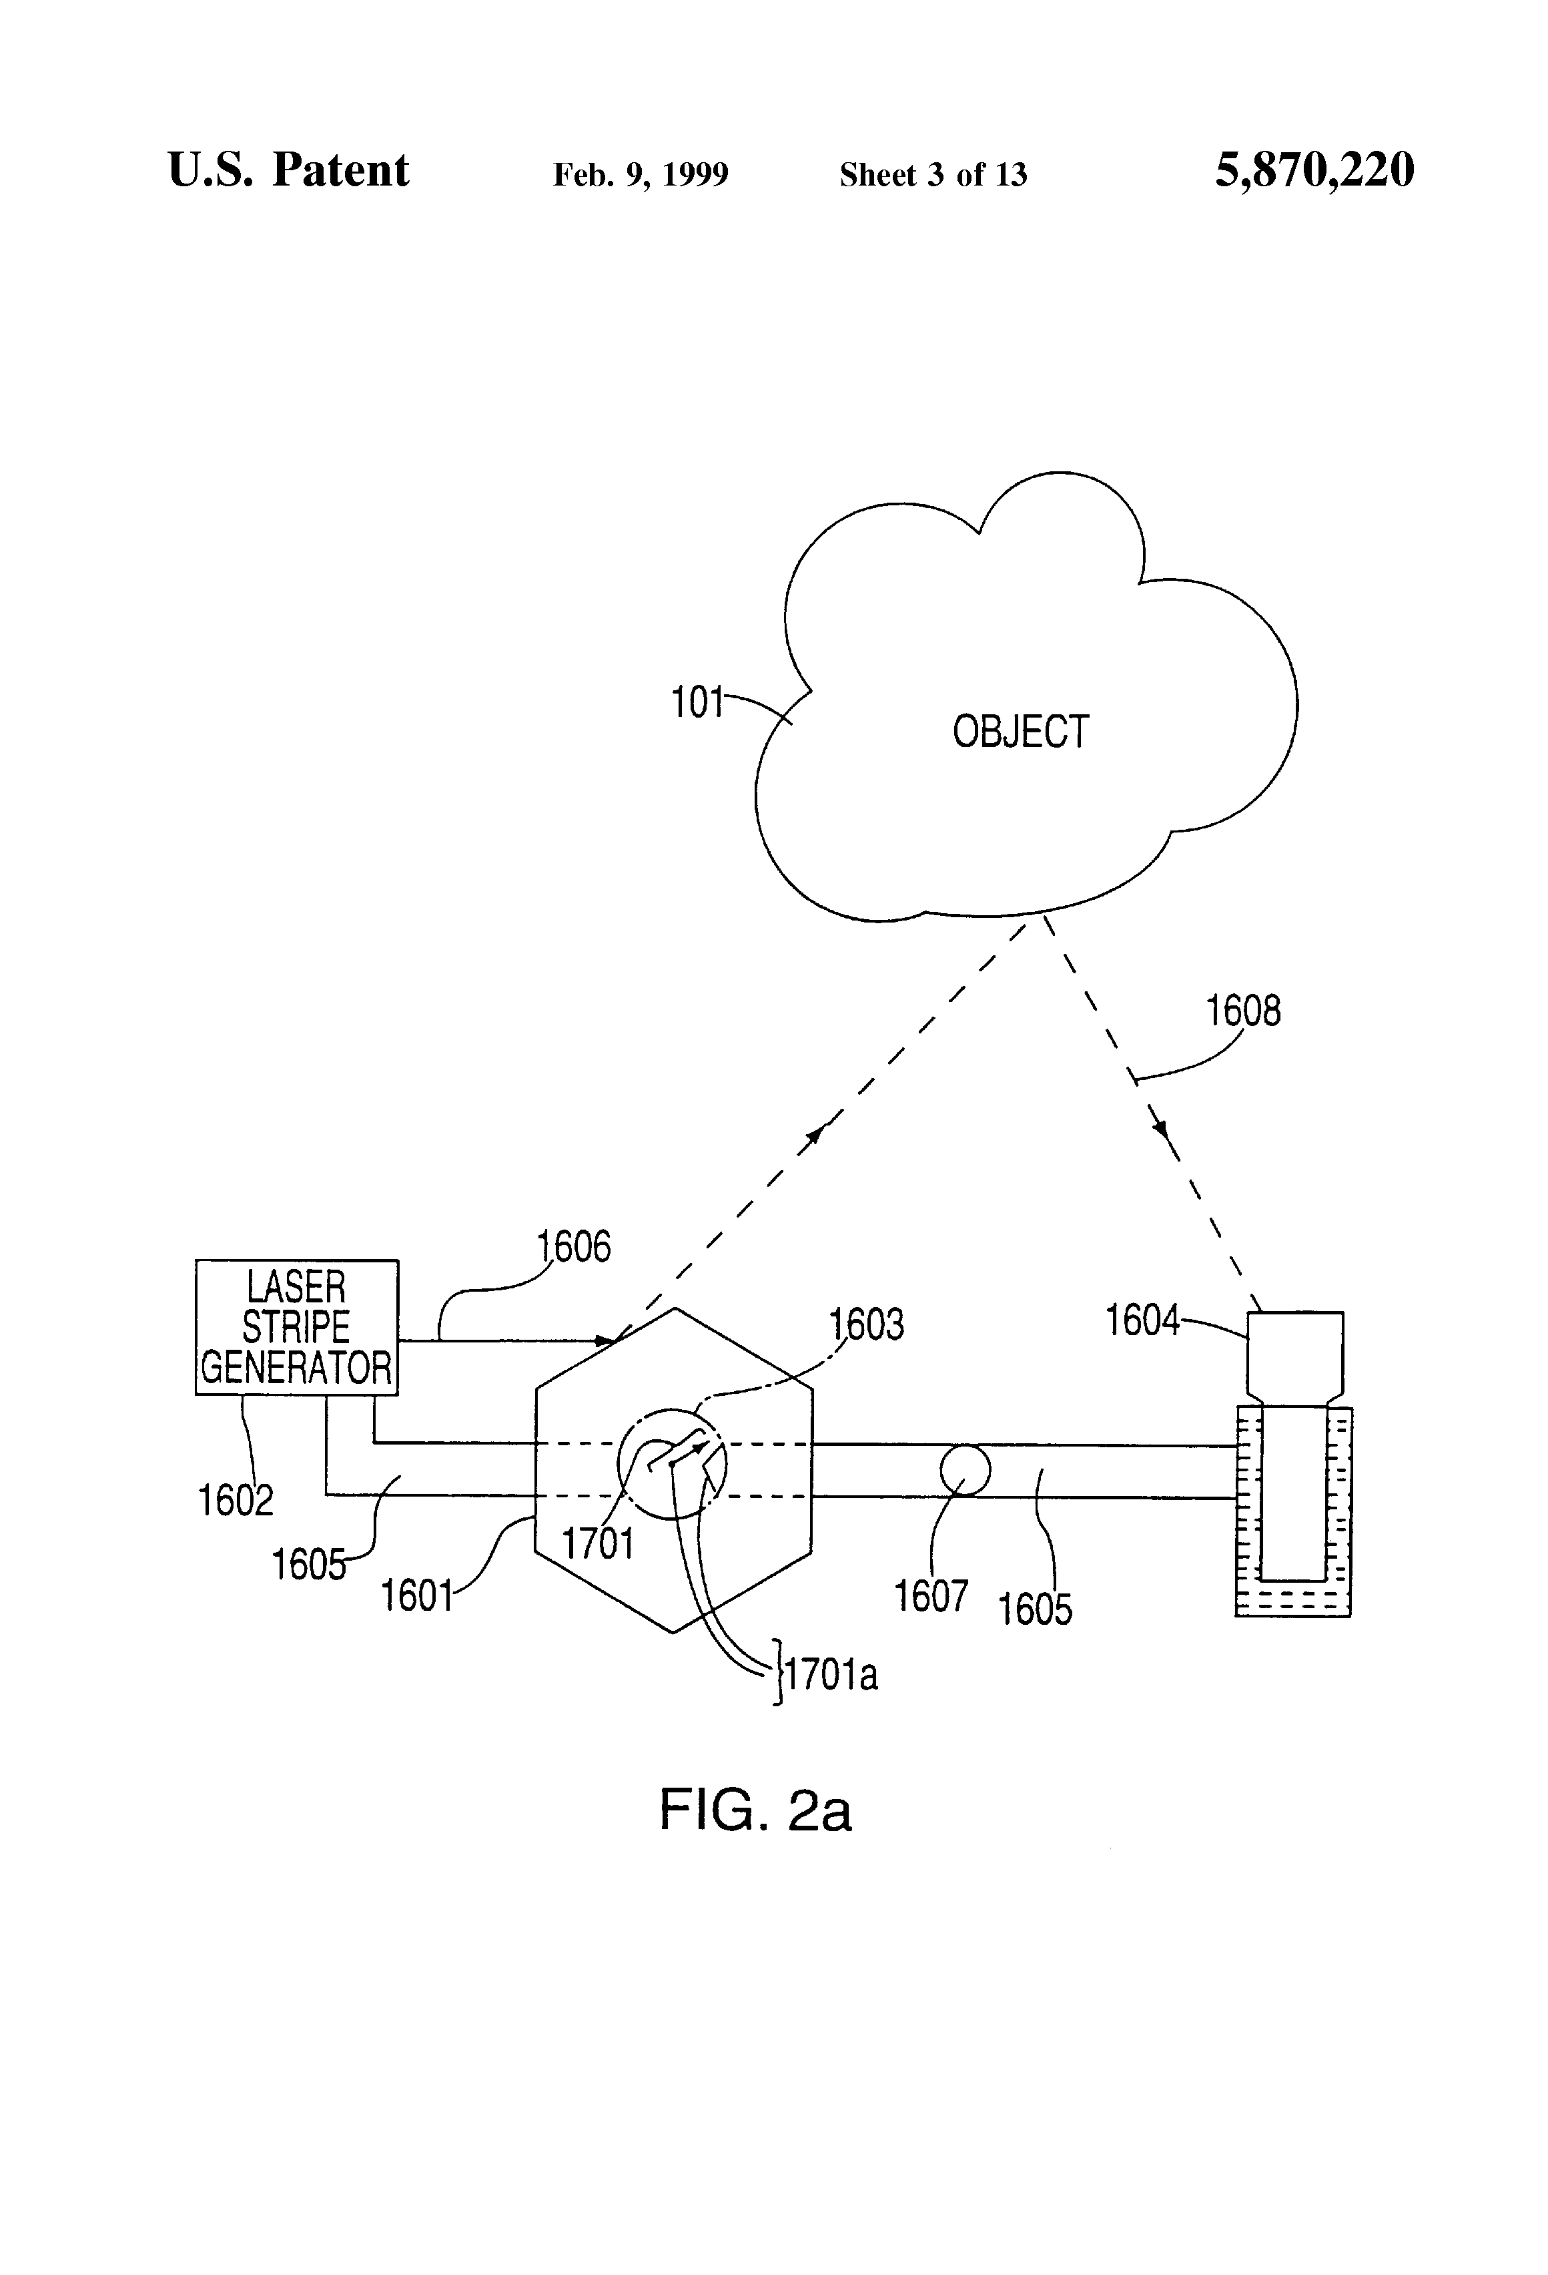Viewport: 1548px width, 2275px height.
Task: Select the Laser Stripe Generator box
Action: pos(296,1326)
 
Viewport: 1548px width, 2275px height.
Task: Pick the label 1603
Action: pos(866,1324)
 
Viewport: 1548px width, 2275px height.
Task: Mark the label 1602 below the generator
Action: pos(235,1501)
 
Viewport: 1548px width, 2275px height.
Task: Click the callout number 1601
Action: pos(416,1595)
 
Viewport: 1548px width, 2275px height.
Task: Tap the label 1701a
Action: pos(830,1675)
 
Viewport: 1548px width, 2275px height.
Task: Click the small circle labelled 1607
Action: pos(965,1471)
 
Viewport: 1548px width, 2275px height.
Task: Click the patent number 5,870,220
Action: pos(1314,170)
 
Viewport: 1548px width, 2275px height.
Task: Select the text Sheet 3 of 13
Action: pos(933,174)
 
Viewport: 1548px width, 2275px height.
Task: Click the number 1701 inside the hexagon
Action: pos(597,1544)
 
